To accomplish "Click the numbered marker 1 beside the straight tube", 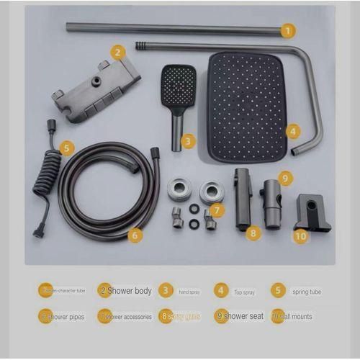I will click(x=287, y=30).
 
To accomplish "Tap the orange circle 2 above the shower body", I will click(x=118, y=51).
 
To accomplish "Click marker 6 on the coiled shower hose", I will click(x=135, y=234).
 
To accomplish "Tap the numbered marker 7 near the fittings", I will click(x=217, y=210).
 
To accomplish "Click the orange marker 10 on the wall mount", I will click(x=300, y=235).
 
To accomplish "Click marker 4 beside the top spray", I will click(x=292, y=131).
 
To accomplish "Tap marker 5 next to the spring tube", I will click(x=66, y=148).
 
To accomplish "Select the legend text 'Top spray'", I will click(x=244, y=292).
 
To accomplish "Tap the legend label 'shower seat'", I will click(x=246, y=315).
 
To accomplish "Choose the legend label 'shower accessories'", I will click(x=129, y=316).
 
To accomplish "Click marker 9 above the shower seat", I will click(x=285, y=177).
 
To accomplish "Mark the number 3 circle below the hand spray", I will click(x=188, y=141).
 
